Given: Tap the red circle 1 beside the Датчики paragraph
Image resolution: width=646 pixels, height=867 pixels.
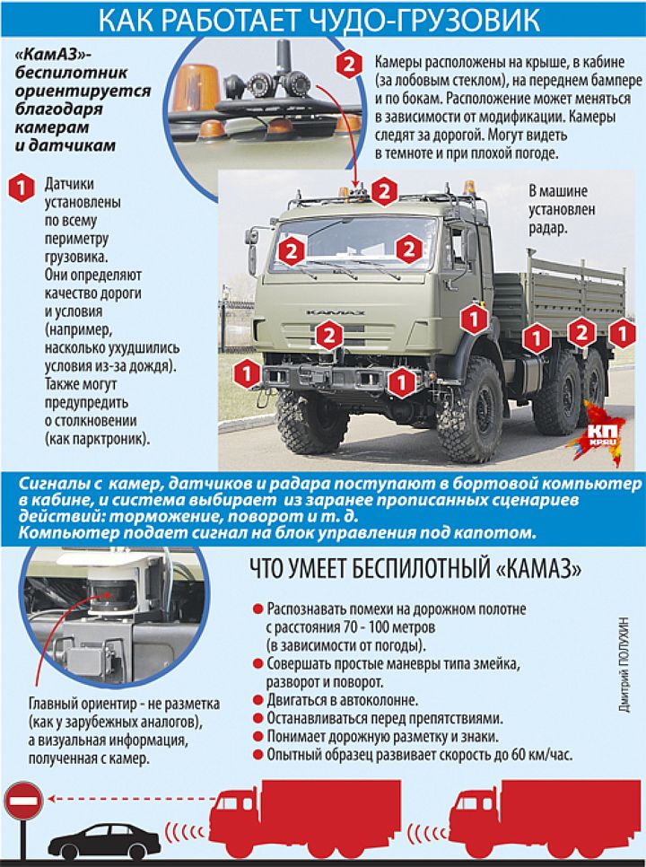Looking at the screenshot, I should click(x=20, y=186).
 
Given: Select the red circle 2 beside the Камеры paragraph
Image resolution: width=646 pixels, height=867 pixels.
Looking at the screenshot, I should click(x=346, y=64).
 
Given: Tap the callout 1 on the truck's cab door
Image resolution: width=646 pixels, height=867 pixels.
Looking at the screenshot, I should click(x=471, y=317).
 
